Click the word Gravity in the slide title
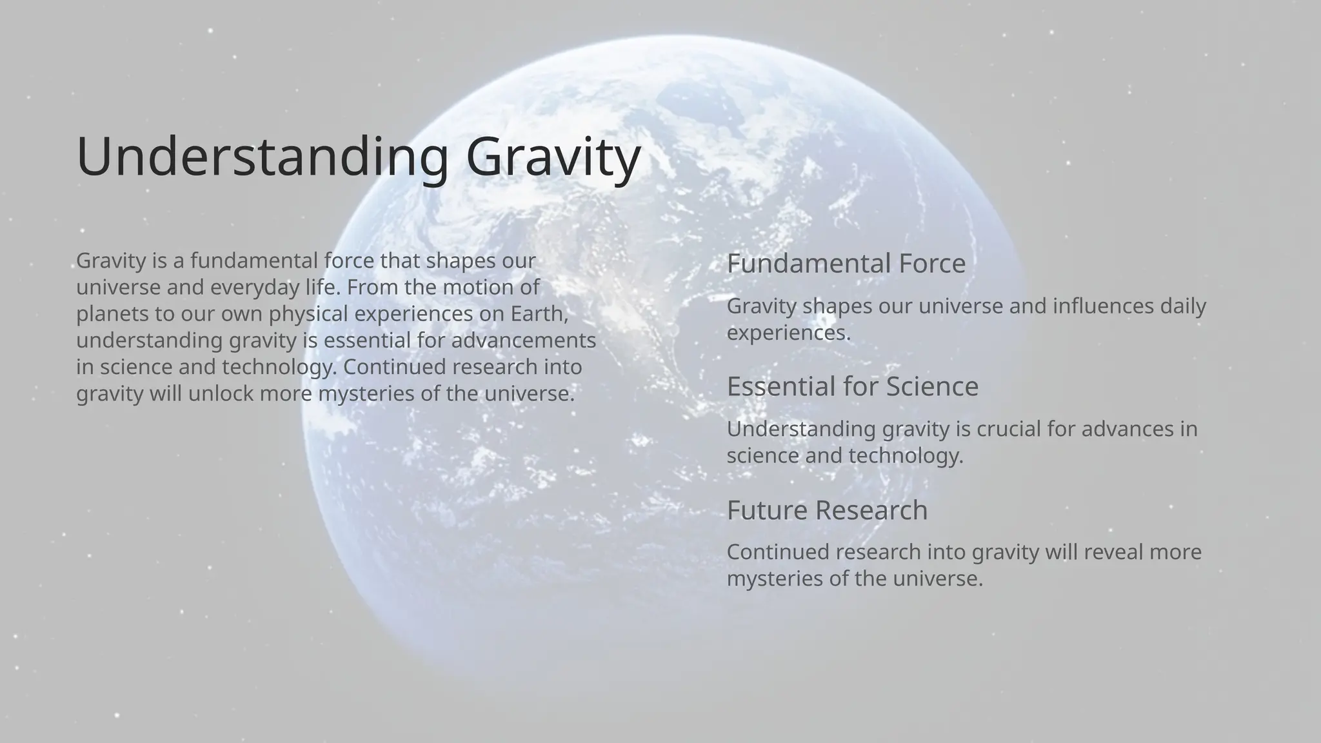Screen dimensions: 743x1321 (553, 157)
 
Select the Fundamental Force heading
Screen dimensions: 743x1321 (846, 263)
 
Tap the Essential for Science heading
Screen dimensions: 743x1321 (852, 386)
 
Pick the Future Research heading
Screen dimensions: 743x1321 (827, 510)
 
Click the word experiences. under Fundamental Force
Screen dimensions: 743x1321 (788, 333)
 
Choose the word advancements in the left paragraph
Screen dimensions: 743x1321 (523, 341)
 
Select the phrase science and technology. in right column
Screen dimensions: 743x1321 (844, 456)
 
